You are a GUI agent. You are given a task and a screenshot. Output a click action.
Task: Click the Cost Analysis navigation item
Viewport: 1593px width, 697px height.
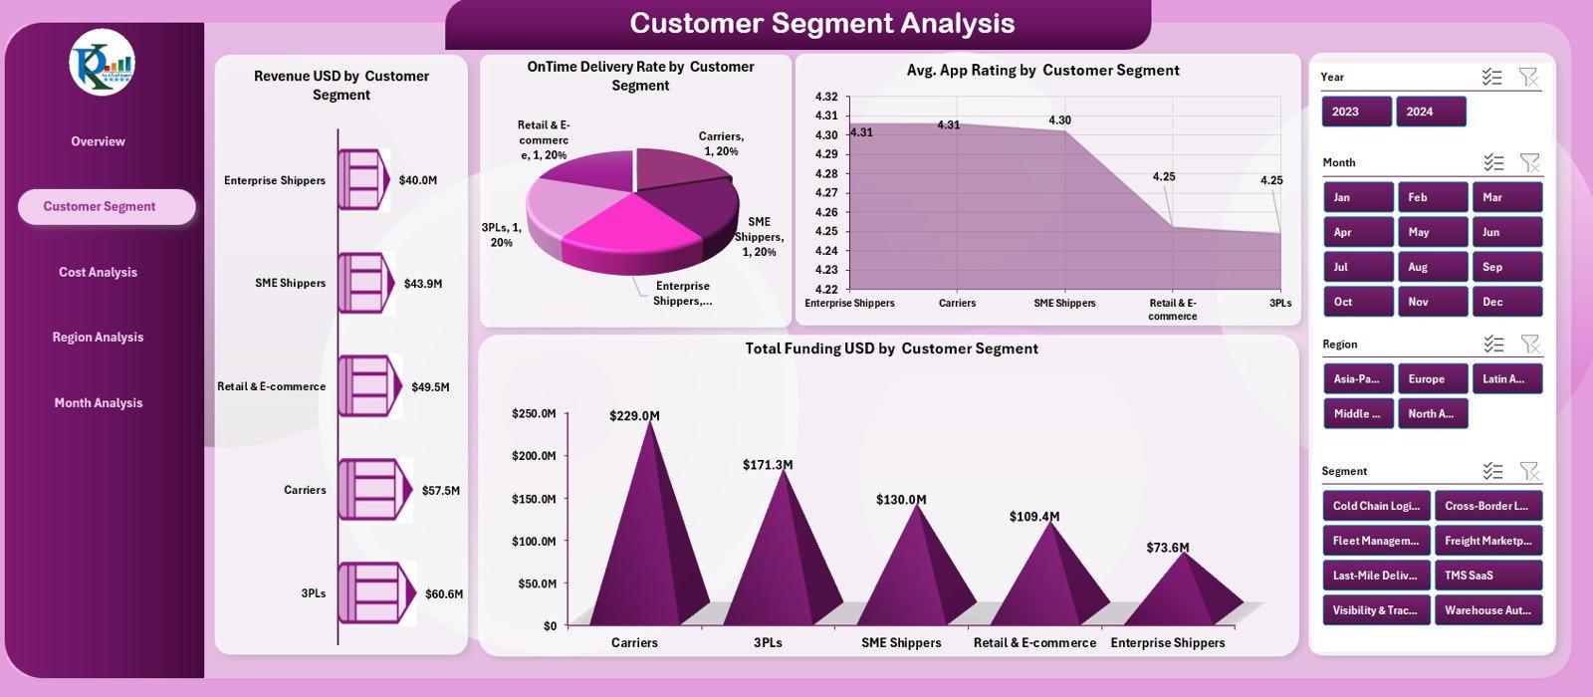pos(98,272)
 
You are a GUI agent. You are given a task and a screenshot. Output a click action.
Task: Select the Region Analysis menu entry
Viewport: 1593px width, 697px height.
pos(98,338)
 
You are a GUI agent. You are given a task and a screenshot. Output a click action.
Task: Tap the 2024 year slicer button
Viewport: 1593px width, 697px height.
pos(1430,112)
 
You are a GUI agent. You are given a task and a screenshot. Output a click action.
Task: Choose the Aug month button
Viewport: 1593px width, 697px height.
pos(1432,267)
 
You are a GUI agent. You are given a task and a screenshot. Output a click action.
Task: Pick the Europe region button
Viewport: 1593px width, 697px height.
pos(1432,379)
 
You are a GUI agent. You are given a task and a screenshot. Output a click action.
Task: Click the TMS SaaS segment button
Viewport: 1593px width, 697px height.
pos(1487,576)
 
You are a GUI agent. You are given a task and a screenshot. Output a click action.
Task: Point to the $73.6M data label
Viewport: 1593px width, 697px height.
pos(1167,548)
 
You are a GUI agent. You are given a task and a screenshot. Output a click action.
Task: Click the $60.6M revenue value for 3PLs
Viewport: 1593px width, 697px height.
pos(444,594)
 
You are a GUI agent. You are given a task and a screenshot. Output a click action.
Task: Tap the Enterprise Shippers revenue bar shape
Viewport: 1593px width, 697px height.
pos(362,180)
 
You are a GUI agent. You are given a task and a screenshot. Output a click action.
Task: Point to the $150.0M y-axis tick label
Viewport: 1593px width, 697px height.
pos(534,499)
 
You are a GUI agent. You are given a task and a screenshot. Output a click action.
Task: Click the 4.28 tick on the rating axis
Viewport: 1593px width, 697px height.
pos(826,174)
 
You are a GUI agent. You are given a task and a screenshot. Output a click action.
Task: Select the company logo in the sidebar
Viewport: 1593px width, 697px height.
pos(102,63)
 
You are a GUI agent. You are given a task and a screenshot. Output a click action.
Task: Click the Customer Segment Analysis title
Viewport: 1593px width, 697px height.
pos(821,23)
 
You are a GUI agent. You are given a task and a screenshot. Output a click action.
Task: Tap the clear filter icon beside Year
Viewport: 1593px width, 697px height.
pos(1528,77)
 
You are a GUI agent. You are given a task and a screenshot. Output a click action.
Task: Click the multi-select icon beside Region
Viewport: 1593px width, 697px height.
pos(1492,345)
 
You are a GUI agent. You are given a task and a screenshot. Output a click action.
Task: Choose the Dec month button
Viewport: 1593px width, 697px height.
pos(1505,302)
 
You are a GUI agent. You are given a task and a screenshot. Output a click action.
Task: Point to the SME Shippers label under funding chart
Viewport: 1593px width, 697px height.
pos(901,643)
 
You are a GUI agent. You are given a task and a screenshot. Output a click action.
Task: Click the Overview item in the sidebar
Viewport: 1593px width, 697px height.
pos(98,141)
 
